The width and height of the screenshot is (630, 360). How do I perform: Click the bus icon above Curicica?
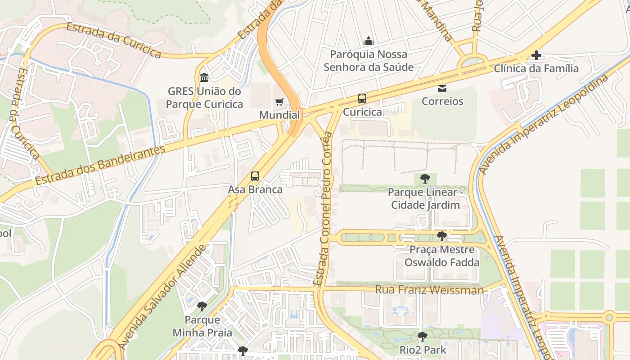click(x=362, y=99)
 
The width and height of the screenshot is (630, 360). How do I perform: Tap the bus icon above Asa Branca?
click(x=255, y=176)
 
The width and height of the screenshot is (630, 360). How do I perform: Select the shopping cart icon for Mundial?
click(x=279, y=102)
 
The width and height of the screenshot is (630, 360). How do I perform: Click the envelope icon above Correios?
click(x=442, y=88)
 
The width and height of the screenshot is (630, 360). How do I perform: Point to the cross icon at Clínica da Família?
click(x=536, y=55)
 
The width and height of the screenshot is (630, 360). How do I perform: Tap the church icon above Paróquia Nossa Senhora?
click(x=369, y=41)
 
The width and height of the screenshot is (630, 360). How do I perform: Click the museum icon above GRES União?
click(x=204, y=77)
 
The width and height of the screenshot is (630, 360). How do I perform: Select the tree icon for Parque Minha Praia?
click(x=202, y=307)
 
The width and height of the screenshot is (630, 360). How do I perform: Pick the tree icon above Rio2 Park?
click(x=422, y=337)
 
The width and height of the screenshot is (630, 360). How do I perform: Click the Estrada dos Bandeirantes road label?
click(x=100, y=166)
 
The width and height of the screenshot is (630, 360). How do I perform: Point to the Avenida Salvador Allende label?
click(x=163, y=297)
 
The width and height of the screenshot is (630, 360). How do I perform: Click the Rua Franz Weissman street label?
click(x=429, y=290)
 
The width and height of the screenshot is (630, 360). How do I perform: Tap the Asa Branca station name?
click(x=255, y=189)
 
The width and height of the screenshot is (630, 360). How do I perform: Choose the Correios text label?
click(x=442, y=101)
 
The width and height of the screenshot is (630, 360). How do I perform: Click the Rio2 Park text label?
click(x=423, y=350)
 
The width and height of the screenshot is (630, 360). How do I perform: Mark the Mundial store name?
click(x=279, y=115)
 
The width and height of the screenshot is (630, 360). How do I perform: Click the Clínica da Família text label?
click(x=536, y=68)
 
